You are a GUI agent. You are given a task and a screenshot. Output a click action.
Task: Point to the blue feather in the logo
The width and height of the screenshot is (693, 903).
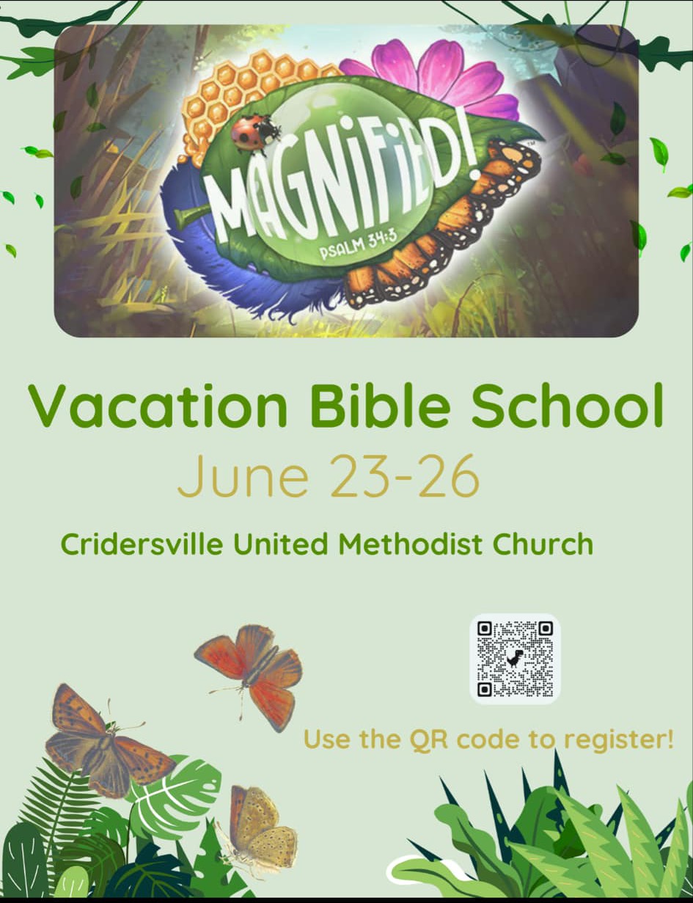(232, 257)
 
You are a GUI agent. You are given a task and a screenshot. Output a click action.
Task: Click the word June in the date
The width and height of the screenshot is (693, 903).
(243, 476)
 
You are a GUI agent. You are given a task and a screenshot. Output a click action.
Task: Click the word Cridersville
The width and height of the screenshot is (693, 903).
(142, 544)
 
